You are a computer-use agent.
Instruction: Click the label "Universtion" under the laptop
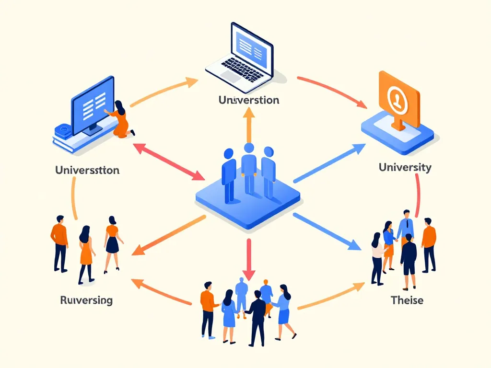click(248, 100)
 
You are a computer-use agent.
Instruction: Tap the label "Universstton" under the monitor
click(87, 170)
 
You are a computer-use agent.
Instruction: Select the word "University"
click(405, 167)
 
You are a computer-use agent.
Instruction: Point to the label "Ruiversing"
click(86, 300)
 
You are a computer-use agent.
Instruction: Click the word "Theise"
click(407, 300)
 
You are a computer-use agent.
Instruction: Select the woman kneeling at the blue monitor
click(122, 119)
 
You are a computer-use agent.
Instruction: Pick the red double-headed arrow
click(168, 161)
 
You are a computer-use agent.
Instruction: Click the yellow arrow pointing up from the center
click(248, 125)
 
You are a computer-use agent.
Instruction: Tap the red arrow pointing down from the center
click(248, 259)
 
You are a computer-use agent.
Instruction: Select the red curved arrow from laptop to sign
click(331, 89)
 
